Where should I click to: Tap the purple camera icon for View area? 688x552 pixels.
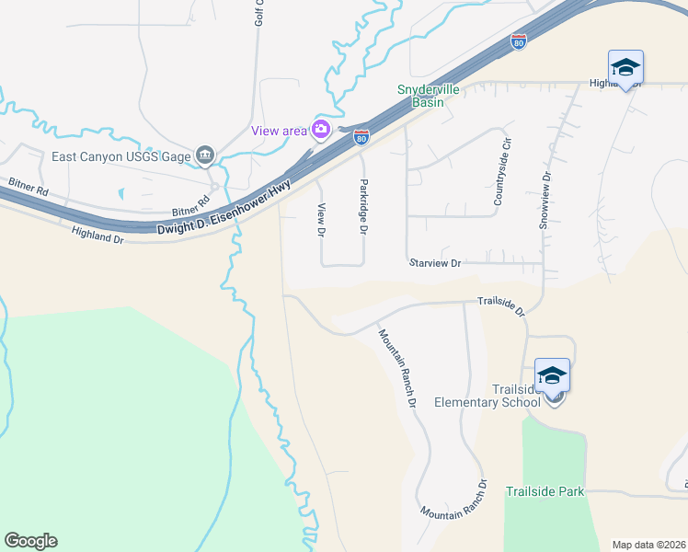[x=321, y=130]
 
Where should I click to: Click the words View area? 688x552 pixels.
[x=280, y=131]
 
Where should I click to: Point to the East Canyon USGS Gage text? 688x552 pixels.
[x=121, y=155]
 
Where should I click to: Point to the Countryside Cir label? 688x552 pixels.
[x=501, y=173]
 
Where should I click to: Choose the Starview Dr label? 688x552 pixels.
[x=434, y=263]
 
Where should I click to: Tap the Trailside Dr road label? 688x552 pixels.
[x=500, y=305]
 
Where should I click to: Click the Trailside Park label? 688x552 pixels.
[x=545, y=491]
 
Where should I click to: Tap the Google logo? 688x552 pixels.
[x=30, y=541]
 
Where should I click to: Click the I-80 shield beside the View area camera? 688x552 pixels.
[x=361, y=138]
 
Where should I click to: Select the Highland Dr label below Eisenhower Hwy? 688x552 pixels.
[x=97, y=236]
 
